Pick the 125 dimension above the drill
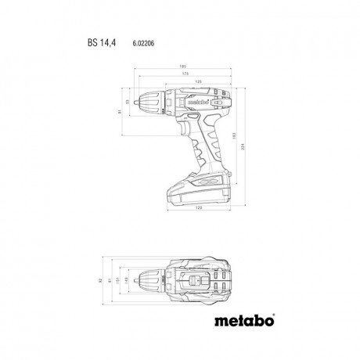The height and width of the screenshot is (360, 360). point(178,82)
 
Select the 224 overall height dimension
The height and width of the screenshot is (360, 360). point(247,146)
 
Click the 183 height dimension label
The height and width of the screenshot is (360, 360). point(234,134)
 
